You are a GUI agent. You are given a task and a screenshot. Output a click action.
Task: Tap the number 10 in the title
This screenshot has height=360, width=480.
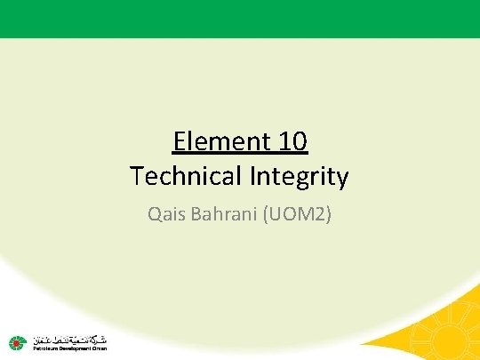(292, 141)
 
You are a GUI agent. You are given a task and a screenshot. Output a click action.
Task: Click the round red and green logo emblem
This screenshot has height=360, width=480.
(17, 341)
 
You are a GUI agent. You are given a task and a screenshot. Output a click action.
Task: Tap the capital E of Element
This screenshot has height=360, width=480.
(180, 141)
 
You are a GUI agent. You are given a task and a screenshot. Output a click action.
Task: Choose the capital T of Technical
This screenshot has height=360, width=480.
(136, 176)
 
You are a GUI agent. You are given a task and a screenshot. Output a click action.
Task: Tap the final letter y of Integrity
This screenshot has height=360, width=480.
(342, 179)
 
